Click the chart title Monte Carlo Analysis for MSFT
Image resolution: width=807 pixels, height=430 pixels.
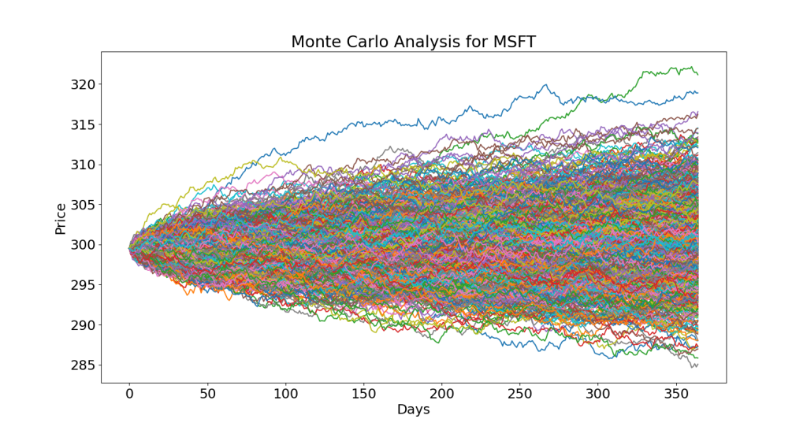pos(413,42)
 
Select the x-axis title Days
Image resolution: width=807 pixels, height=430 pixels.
pos(413,410)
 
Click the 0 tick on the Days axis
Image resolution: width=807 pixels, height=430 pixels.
pos(129,393)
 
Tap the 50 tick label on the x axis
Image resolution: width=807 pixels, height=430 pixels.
pos(207,393)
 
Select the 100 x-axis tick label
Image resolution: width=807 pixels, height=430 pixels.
pos(285,393)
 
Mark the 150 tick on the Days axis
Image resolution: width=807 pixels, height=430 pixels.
pos(363,393)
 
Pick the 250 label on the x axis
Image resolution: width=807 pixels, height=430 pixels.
pos(519,393)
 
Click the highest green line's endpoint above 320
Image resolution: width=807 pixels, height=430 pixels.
pos(697,74)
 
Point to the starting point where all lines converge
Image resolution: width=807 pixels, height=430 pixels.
pos(130,249)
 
